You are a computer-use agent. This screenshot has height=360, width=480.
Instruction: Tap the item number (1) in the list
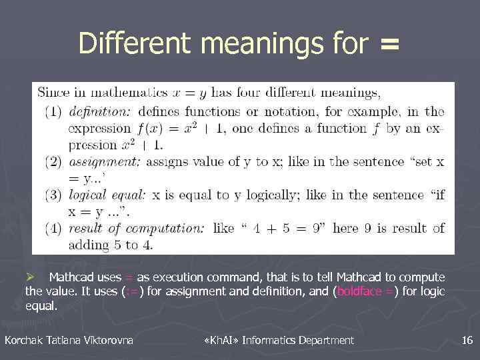pos(53,112)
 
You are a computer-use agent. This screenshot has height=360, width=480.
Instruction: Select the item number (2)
pos(53,161)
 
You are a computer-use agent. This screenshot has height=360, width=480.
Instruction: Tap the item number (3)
pos(53,195)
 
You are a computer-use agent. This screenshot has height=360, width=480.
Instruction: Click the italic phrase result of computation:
pos(137,228)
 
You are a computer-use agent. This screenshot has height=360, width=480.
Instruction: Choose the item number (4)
pos(53,228)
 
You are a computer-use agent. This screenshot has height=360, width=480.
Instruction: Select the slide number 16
pos(467,341)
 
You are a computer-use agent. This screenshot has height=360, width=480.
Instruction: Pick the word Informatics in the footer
pos(268,341)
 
